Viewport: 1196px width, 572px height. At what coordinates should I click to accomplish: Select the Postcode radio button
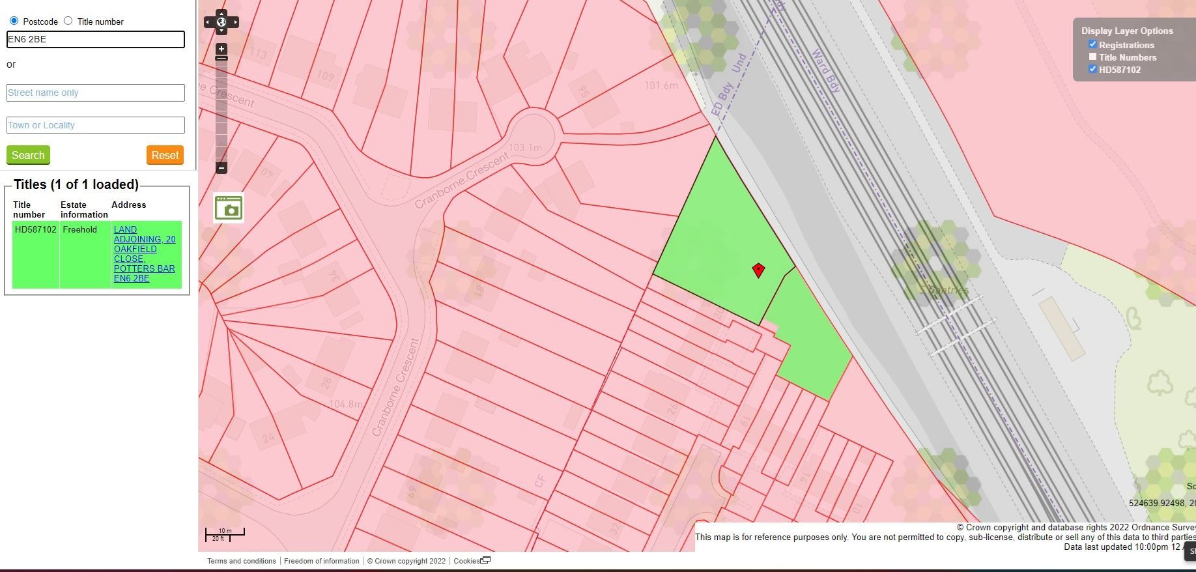point(14,21)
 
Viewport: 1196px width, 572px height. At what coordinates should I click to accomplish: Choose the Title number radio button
point(68,21)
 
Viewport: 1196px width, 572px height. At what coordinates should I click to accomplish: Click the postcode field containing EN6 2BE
point(95,39)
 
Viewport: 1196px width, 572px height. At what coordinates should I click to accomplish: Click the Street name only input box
point(95,93)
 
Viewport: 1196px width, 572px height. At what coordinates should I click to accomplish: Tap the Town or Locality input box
point(95,125)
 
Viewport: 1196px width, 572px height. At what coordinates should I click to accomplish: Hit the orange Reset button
point(165,155)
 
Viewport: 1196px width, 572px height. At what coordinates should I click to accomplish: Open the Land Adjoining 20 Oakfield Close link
point(144,253)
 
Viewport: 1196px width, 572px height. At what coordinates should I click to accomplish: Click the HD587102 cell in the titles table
point(35,230)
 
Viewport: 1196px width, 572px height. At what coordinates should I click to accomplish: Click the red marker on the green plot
point(758,270)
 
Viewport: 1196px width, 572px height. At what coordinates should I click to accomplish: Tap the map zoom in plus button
point(221,49)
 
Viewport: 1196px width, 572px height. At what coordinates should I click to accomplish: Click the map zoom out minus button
point(221,168)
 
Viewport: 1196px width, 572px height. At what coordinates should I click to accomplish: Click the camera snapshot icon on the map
point(229,208)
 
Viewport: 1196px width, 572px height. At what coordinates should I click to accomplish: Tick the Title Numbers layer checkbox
point(1092,57)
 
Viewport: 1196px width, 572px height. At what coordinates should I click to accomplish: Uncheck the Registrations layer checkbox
point(1092,44)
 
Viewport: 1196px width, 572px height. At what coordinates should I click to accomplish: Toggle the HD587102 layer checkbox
point(1092,69)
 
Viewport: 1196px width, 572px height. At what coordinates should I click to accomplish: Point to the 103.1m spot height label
point(525,148)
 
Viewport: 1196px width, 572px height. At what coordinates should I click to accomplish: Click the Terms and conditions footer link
point(242,561)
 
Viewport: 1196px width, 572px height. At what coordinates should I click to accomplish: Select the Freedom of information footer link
point(322,561)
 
